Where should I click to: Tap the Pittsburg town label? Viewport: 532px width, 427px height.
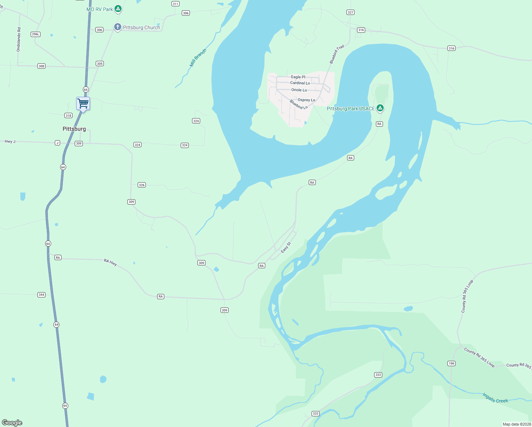tap(74, 129)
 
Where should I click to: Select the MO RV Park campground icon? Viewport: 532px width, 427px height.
tap(118, 9)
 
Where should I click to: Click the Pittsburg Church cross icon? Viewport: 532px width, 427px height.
tap(117, 27)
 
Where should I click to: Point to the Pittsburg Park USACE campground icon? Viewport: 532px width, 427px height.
tap(380, 108)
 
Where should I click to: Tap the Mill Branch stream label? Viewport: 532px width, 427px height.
tap(198, 58)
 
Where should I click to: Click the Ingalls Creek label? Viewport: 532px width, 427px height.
tap(495, 398)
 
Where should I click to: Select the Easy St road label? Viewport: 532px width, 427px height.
tap(286, 247)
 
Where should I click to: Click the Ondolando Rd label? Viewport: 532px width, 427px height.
tap(19, 39)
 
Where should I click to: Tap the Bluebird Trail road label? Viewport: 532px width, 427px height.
tap(336, 54)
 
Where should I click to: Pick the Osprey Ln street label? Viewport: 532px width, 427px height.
tap(306, 100)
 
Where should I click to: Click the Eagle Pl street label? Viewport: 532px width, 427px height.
tap(298, 77)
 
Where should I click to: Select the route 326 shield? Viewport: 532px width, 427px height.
tap(142, 185)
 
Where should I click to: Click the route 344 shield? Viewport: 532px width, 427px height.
tap(41, 295)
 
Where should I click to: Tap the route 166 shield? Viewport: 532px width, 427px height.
tap(451, 363)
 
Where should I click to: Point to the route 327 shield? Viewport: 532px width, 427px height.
tap(350, 12)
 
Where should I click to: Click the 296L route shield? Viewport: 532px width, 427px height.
tap(36, 34)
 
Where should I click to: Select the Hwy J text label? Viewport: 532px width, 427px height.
tap(10, 142)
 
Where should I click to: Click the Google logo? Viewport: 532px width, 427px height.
tap(12, 422)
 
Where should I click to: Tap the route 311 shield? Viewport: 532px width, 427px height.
tap(175, 4)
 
